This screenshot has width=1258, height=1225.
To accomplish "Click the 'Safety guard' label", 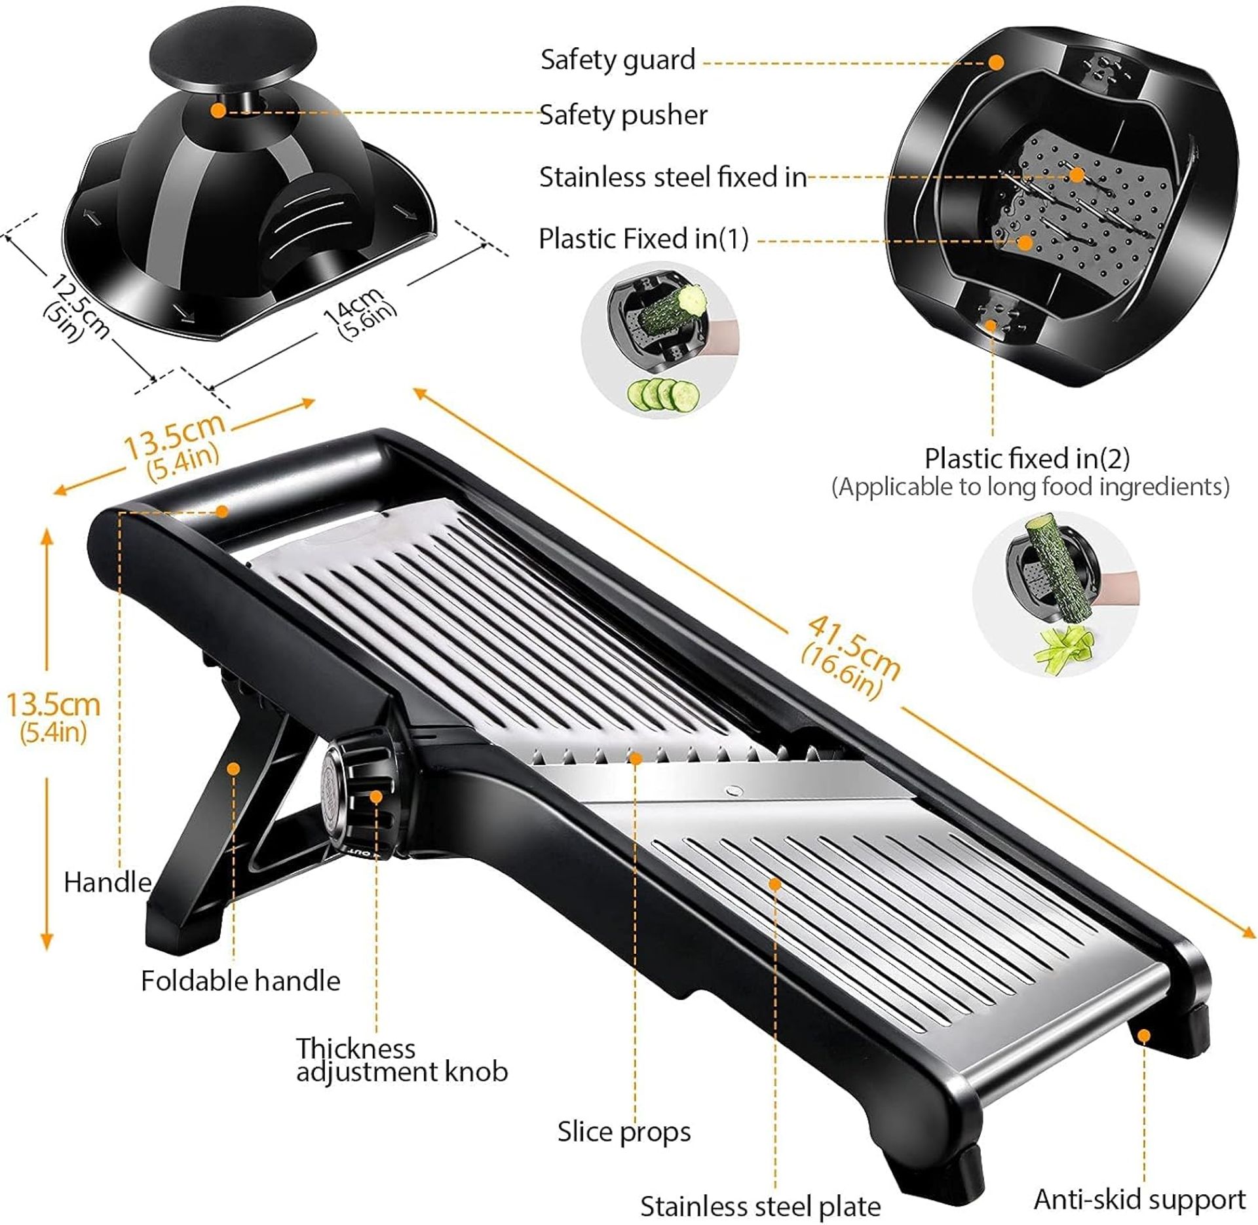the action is (x=617, y=60).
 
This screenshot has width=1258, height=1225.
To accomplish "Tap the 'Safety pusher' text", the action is (x=623, y=115).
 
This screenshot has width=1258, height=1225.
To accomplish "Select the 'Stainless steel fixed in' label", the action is (x=673, y=178).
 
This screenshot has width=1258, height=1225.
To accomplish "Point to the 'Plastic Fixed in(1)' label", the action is (x=643, y=239).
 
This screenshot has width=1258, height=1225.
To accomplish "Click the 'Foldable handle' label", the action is (x=240, y=981).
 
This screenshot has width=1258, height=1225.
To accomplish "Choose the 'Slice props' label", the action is (x=624, y=1132).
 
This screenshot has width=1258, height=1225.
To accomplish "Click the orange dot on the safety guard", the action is (x=996, y=62).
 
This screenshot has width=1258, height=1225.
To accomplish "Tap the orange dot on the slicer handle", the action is (x=222, y=510).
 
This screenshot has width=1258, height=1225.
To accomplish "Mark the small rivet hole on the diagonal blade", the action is (x=734, y=791).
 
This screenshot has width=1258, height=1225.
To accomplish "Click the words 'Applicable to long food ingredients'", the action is (x=1030, y=487).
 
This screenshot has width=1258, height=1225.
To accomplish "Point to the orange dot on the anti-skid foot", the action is (x=1143, y=1035).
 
